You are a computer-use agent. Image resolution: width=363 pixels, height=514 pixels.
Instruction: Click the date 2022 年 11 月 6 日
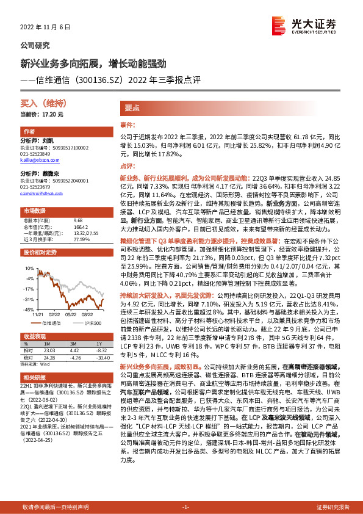[46, 27]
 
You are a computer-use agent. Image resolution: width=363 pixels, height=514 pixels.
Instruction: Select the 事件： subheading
[127, 125]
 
